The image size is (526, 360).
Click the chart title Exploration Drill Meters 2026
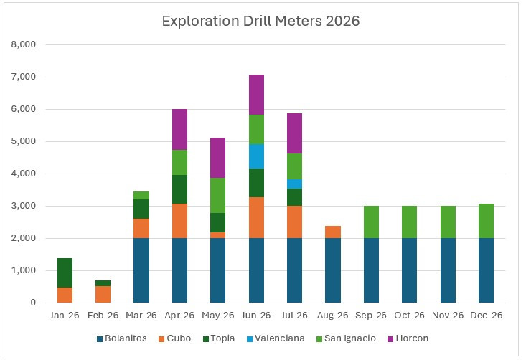tap(260, 22)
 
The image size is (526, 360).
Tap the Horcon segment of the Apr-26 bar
tap(179, 129)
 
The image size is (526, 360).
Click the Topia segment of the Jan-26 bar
tap(64, 273)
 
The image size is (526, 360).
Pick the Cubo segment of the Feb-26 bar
tap(103, 294)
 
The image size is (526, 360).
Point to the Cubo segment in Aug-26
tap(333, 232)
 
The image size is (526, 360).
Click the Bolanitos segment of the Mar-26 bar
tap(141, 270)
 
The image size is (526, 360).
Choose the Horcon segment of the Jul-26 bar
tap(295, 133)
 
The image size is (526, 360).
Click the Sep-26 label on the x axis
tap(372, 316)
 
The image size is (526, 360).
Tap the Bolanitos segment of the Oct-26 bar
tap(410, 270)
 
